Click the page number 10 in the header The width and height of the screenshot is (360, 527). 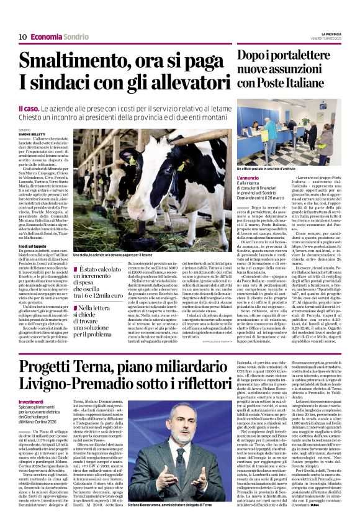pos(22,37)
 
